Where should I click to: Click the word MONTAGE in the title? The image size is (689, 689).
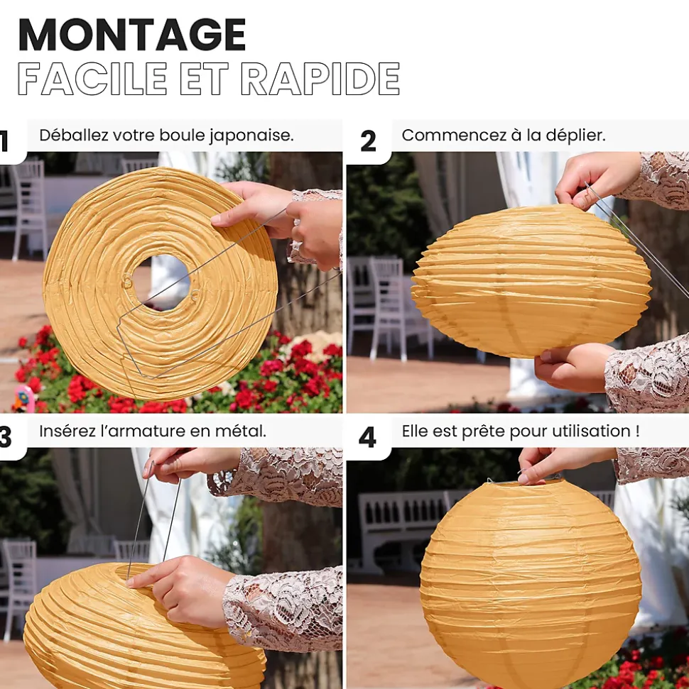(132, 35)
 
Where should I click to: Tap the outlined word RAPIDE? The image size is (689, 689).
(320, 79)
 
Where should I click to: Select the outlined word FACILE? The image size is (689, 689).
(92, 79)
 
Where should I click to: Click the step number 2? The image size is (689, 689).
(368, 141)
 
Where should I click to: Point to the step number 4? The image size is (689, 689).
(367, 438)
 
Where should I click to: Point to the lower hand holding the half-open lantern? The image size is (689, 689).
(572, 367)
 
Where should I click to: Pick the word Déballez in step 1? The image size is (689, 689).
(73, 136)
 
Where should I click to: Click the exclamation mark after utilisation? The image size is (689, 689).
(638, 431)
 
